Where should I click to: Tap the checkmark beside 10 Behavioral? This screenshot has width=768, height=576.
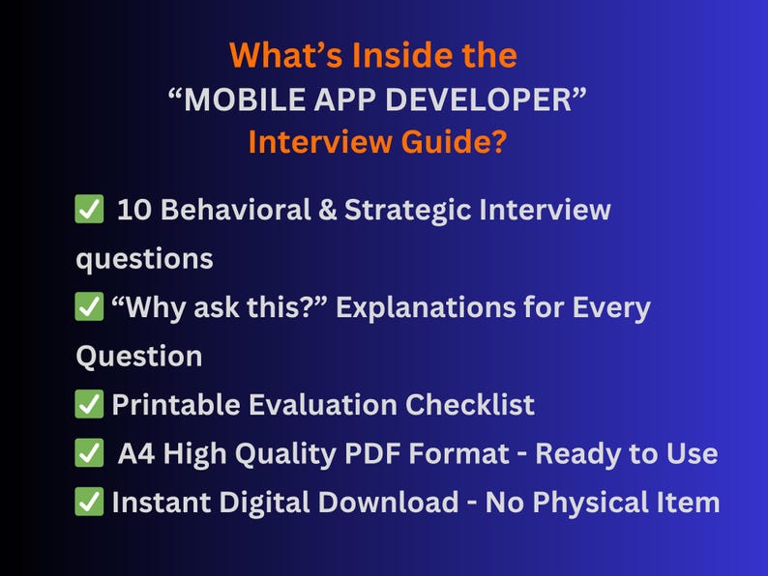pos(89,210)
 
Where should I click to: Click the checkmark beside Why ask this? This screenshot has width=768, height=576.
pos(89,308)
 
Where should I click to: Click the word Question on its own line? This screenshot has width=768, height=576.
pos(138,356)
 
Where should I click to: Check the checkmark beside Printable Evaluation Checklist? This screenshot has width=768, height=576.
pos(89,405)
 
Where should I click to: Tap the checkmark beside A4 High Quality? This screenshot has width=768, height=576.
pos(89,453)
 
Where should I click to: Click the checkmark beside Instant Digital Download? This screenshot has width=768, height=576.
pos(89,503)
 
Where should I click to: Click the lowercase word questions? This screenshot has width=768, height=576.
pos(144,258)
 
